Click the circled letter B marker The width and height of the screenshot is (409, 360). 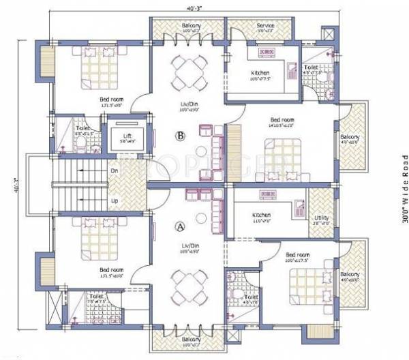point(181,136)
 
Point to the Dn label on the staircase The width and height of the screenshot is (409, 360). point(114,172)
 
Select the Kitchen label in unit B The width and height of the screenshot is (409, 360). point(260,73)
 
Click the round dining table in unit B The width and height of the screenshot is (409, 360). point(187,70)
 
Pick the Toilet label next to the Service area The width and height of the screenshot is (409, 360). point(311,67)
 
